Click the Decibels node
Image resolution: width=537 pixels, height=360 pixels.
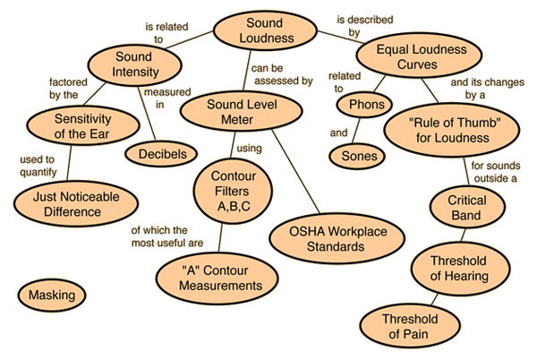point(162,154)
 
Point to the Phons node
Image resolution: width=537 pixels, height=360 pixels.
point(367,105)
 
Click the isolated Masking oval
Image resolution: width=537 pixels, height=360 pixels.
point(51,294)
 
